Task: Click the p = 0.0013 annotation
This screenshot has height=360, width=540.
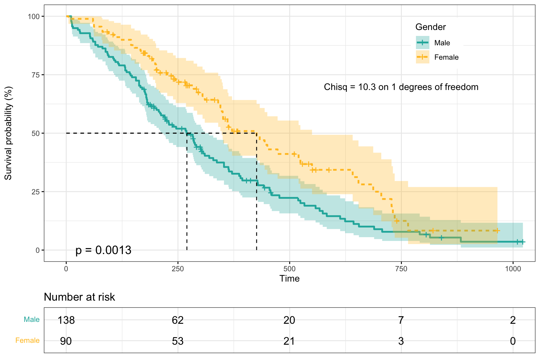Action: [103, 250]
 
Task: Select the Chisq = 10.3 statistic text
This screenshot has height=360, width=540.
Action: [401, 87]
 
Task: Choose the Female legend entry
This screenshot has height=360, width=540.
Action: [446, 57]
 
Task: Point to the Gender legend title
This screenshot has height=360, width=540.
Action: [430, 27]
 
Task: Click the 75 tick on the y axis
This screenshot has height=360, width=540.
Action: [35, 75]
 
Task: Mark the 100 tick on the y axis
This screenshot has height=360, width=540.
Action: [34, 16]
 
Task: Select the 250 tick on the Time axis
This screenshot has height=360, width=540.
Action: [178, 268]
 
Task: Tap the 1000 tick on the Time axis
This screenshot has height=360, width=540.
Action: [513, 268]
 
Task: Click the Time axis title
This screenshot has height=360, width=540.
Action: [289, 278]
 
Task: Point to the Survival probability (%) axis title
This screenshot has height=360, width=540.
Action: [8, 133]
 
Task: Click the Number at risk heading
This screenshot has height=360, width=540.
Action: [79, 297]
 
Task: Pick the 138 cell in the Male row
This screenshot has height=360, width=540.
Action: [66, 320]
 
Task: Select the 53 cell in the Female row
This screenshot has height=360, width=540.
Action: [178, 341]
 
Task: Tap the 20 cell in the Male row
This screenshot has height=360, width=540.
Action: [289, 320]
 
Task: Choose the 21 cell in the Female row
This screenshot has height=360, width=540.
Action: [289, 341]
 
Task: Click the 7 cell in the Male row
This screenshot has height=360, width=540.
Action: [401, 320]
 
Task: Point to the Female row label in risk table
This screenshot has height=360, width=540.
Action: [27, 340]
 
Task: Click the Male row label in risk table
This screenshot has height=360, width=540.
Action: [32, 319]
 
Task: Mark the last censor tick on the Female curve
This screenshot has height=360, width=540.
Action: [497, 231]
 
